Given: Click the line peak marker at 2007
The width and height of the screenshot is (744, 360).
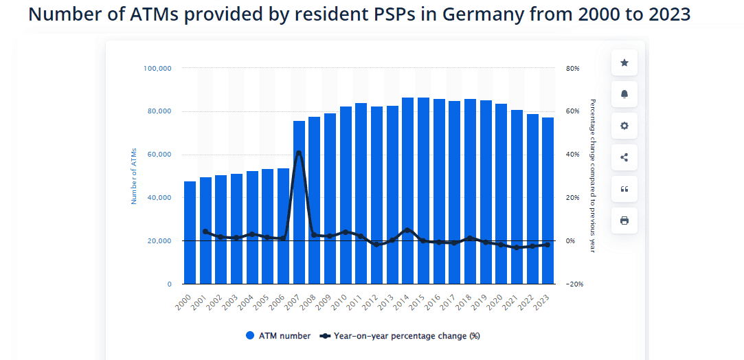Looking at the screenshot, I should coord(299,153).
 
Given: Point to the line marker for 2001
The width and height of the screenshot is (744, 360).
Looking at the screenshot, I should coord(205,232).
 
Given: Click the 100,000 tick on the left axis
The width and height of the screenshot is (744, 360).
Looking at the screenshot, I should coord(157,69).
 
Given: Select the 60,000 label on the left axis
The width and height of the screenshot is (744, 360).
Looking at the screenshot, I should coord(159,155).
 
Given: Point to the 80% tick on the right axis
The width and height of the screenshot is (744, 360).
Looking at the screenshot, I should coord(573,69).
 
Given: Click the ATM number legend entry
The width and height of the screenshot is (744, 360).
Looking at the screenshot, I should coord(278,336).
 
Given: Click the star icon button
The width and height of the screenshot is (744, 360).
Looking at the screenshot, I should coord(624,63).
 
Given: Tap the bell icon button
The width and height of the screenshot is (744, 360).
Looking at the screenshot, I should coord(624,94).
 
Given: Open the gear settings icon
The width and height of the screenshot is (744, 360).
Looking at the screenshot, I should coord(624,126).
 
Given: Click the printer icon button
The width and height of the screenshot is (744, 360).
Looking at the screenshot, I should coord(624,221).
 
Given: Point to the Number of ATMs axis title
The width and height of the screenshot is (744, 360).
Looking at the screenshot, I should coord(134,177).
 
